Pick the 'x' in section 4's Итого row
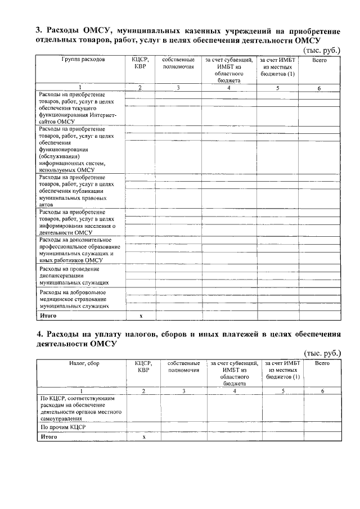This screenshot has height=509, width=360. tap(143, 436)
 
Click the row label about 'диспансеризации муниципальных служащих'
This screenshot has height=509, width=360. tap(73, 276)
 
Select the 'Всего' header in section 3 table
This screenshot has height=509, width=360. tap(319, 59)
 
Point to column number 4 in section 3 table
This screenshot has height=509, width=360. tap(228, 88)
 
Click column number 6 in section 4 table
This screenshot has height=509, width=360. tap(322, 391)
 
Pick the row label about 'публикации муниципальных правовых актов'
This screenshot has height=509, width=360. tap(76, 191)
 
